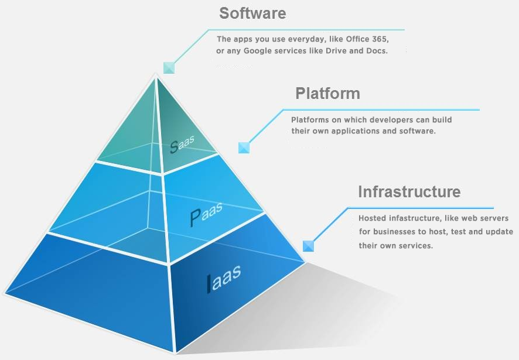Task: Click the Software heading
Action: tap(252, 13)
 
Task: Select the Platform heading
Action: tap(327, 93)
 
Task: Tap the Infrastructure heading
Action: tap(409, 191)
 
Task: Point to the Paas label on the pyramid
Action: tap(206, 214)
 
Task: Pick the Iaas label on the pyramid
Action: tap(224, 277)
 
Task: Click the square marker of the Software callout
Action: tap(169, 68)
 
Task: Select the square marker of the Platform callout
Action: tap(244, 148)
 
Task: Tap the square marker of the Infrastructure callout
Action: tap(308, 246)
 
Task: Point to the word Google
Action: tap(255, 51)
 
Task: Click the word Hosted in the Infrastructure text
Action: tap(373, 218)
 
